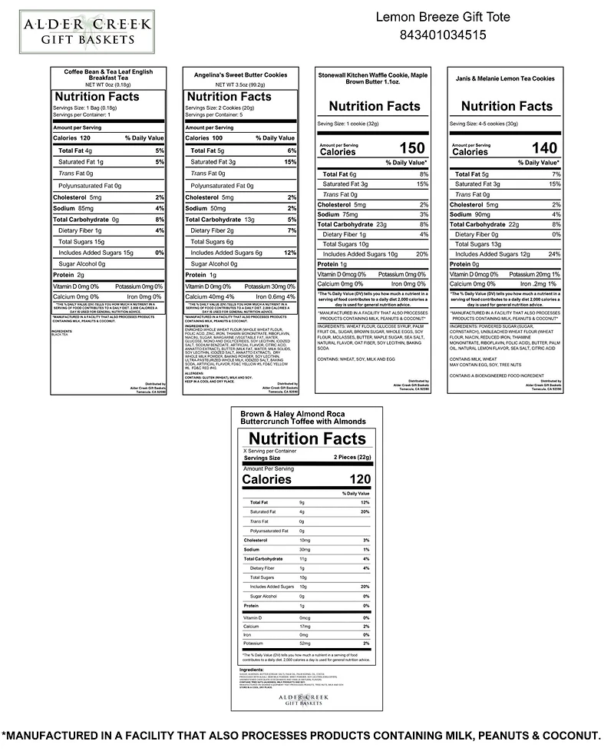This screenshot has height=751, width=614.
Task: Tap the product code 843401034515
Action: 443,35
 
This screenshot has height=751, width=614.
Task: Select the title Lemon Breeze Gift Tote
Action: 443,17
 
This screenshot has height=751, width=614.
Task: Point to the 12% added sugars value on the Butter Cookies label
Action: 289,253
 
